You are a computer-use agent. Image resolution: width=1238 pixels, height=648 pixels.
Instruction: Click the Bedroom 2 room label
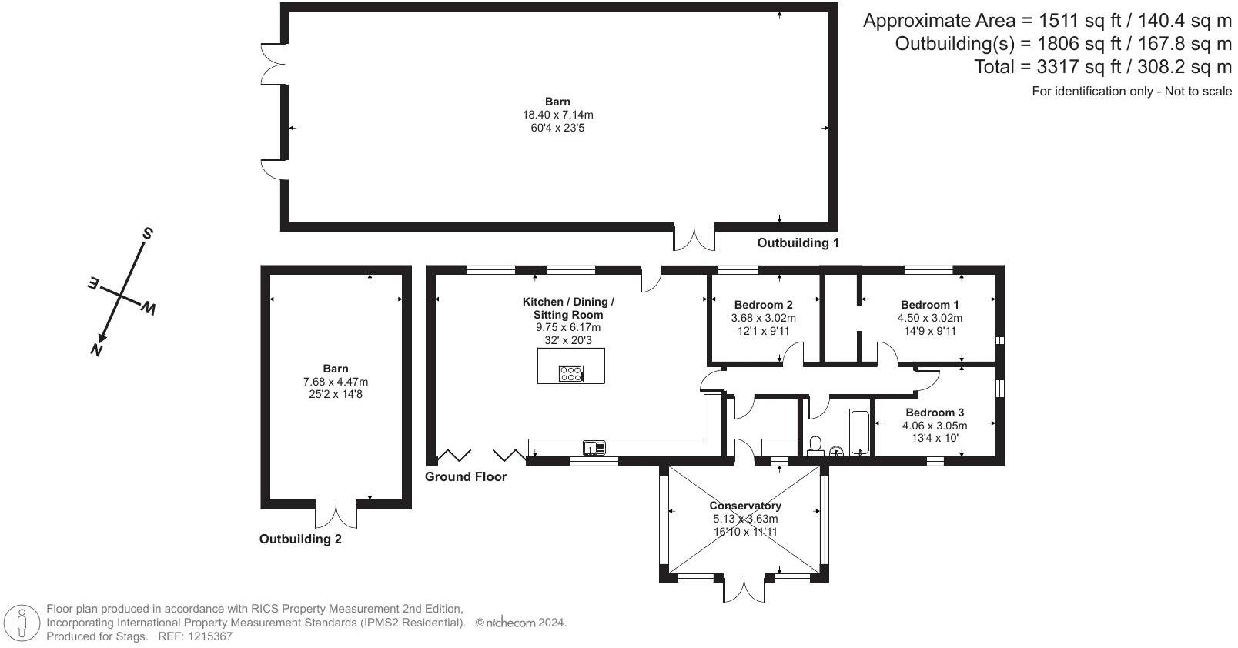763,305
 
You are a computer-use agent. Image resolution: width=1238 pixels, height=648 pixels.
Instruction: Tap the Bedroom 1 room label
929,305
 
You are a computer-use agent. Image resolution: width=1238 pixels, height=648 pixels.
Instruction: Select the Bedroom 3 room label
935,412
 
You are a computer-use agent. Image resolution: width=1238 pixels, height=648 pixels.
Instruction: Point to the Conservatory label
745,506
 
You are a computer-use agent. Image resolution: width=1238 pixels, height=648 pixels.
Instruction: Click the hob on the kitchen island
571,373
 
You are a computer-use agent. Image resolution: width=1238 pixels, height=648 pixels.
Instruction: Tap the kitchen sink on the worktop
594,447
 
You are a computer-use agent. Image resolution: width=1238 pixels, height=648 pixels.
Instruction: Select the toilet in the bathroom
815,446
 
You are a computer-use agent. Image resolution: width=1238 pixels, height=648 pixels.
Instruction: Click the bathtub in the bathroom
859,433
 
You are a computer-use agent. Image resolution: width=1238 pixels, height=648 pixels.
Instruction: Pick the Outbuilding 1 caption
798,242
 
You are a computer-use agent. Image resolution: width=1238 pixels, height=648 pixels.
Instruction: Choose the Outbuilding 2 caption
300,539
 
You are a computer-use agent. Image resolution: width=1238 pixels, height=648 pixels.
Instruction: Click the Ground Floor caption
465,476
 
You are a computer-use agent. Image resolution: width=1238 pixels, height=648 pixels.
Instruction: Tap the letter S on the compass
147,234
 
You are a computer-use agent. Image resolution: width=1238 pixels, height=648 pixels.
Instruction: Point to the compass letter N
97,349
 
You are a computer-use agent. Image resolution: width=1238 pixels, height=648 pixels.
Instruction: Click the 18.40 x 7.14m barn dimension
557,115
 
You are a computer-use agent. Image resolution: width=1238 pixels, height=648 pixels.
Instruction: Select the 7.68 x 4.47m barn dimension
336,382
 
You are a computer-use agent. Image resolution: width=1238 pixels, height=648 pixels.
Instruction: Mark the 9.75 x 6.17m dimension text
568,327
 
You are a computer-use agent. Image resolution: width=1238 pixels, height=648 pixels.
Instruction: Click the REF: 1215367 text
195,636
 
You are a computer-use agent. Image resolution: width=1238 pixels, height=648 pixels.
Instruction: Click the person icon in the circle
22,623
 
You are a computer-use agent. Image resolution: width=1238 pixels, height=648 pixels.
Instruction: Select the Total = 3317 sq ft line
1102,67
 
